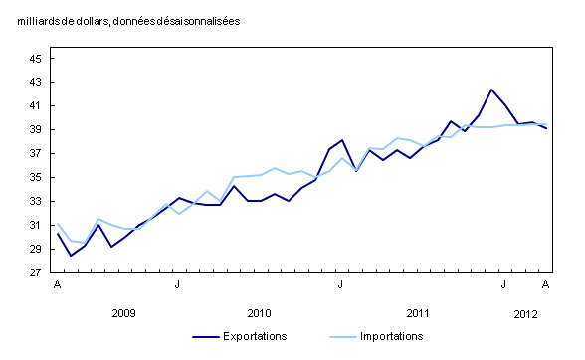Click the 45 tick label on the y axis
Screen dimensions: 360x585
(x=34, y=59)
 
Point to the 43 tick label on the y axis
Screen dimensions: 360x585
(x=34, y=83)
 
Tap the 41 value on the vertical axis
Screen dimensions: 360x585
(x=34, y=106)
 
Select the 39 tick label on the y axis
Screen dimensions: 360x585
(x=34, y=130)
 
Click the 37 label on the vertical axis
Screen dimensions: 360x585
(x=34, y=154)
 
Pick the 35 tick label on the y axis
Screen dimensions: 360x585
(x=34, y=178)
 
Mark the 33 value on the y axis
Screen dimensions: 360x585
(x=34, y=202)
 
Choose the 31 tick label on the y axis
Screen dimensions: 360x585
(x=34, y=226)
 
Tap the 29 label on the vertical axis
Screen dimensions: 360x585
(x=34, y=250)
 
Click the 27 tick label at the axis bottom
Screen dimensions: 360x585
(x=34, y=273)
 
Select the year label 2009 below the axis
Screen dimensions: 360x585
(x=123, y=313)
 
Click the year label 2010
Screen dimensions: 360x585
(x=259, y=313)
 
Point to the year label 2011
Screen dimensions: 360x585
(x=418, y=313)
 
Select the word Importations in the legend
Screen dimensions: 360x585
(x=392, y=337)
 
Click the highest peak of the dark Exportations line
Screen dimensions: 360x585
(x=491, y=90)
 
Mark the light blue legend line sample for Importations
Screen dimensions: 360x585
(x=335, y=337)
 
